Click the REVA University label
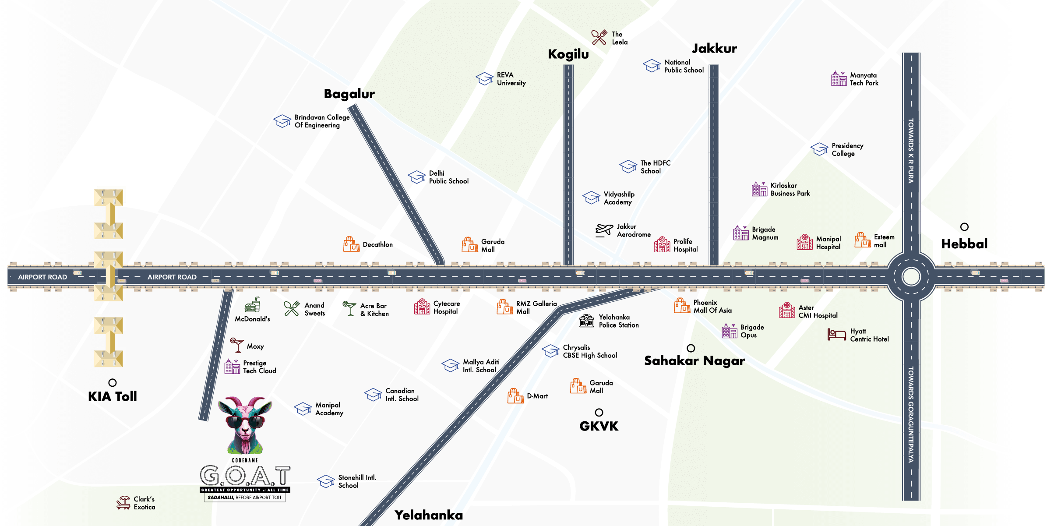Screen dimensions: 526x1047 pyautogui.click(x=511, y=79)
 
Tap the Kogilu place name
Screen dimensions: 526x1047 pyautogui.click(x=568, y=54)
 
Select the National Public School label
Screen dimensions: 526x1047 pyautogui.click(x=684, y=66)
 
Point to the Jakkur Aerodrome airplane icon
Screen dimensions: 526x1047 pyautogui.click(x=605, y=229)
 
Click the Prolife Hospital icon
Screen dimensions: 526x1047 pyautogui.click(x=662, y=245)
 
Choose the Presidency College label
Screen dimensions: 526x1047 pyautogui.click(x=847, y=149)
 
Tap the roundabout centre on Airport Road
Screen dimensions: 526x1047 pyautogui.click(x=911, y=277)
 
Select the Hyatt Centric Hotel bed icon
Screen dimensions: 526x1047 pyautogui.click(x=836, y=335)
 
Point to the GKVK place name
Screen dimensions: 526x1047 pyautogui.click(x=599, y=426)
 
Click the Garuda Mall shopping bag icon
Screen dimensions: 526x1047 pyautogui.click(x=578, y=386)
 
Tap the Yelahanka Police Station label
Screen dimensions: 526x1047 pyautogui.click(x=618, y=321)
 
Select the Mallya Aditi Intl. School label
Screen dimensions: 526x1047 pyautogui.click(x=481, y=366)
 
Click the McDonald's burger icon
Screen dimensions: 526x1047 pyautogui.click(x=253, y=305)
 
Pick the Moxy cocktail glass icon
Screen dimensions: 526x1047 pyautogui.click(x=237, y=345)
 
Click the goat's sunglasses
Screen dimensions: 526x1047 pyautogui.click(x=245, y=422)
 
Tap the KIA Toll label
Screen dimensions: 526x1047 pyautogui.click(x=113, y=396)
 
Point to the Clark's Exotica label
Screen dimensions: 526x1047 pyautogui.click(x=144, y=503)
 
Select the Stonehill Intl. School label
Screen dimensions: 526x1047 pyautogui.click(x=357, y=481)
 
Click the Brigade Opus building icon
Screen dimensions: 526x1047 pyautogui.click(x=729, y=331)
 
